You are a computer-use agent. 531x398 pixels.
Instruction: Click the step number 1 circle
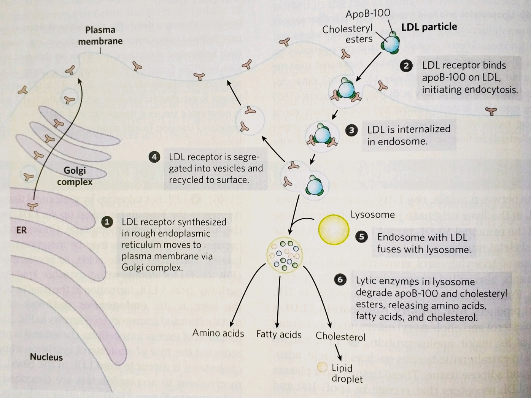(x=107, y=222)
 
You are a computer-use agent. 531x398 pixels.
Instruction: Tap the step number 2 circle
(x=406, y=66)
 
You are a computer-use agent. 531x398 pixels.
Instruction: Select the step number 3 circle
(x=351, y=130)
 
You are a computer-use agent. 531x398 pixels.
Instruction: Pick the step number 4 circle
(x=154, y=157)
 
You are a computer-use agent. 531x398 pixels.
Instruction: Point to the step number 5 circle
(x=361, y=237)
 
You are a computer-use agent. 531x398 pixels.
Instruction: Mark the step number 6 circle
(x=340, y=280)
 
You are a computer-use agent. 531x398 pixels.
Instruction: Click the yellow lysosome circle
(x=333, y=229)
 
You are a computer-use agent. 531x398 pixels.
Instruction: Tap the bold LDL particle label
(x=429, y=27)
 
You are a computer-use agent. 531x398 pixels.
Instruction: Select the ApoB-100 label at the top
(x=367, y=14)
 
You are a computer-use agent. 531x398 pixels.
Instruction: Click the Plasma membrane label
(x=100, y=35)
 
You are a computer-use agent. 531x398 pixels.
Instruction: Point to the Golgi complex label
(x=75, y=176)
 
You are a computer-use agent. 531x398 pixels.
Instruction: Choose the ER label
(x=22, y=230)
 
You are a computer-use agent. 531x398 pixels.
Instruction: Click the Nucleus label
(x=46, y=357)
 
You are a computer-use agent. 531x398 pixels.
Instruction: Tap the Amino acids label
(x=218, y=333)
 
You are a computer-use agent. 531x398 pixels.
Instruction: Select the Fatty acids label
(x=279, y=334)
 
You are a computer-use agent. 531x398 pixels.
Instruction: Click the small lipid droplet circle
(x=322, y=367)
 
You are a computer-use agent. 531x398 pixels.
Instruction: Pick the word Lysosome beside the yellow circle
(x=372, y=214)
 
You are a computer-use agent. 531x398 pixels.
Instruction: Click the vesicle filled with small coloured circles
(x=285, y=255)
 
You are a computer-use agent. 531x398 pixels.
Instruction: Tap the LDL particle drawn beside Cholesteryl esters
(x=391, y=43)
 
